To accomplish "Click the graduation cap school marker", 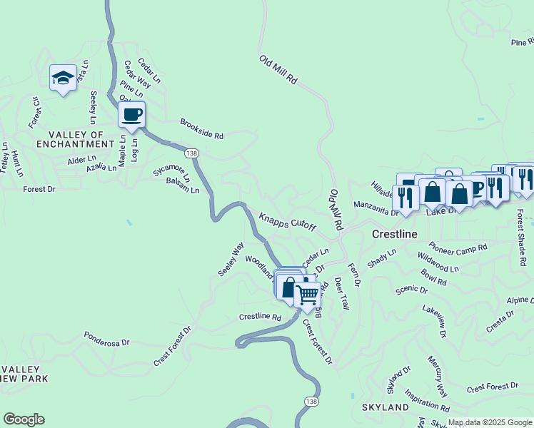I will click(x=63, y=77).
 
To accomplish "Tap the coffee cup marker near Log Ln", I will click(x=132, y=115).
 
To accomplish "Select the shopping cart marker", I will click(x=308, y=293).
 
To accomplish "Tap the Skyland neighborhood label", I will click(x=386, y=407).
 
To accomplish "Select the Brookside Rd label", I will click(x=202, y=129).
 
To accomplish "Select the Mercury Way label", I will click(x=438, y=377).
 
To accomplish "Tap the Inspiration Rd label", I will click(x=427, y=400).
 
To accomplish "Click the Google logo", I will click(x=24, y=419).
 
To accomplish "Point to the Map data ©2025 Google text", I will click(x=490, y=422).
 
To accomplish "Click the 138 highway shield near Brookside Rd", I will click(x=191, y=153).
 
